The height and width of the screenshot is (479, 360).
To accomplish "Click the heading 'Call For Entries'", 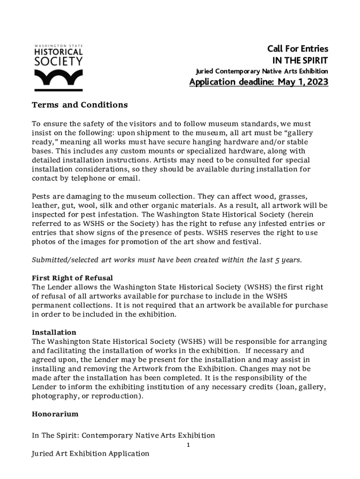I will click(x=297, y=49).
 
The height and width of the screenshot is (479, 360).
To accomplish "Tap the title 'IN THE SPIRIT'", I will click(x=300, y=60).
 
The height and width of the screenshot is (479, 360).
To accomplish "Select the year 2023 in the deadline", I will click(x=317, y=82).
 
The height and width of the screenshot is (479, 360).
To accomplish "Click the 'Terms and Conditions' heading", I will click(x=79, y=105).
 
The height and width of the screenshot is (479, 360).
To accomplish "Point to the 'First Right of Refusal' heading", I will click(x=72, y=278).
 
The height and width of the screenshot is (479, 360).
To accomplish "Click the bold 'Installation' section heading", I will click(x=54, y=333).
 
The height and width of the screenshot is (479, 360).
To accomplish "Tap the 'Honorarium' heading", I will click(x=55, y=414).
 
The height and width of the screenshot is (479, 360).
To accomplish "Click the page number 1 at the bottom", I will click(x=188, y=445).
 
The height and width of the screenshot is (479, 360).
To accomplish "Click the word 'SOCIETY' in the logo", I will click(x=58, y=61).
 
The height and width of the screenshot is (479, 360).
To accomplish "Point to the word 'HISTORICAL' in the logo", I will click(x=58, y=51).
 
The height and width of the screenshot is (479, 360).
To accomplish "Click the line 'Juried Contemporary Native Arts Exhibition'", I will click(x=261, y=71).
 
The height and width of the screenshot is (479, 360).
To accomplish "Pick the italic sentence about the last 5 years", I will click(x=166, y=260).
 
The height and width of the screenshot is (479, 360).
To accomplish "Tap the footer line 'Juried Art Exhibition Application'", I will click(x=90, y=454).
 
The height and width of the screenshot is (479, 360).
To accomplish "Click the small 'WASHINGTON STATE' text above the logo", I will click(x=58, y=45).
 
